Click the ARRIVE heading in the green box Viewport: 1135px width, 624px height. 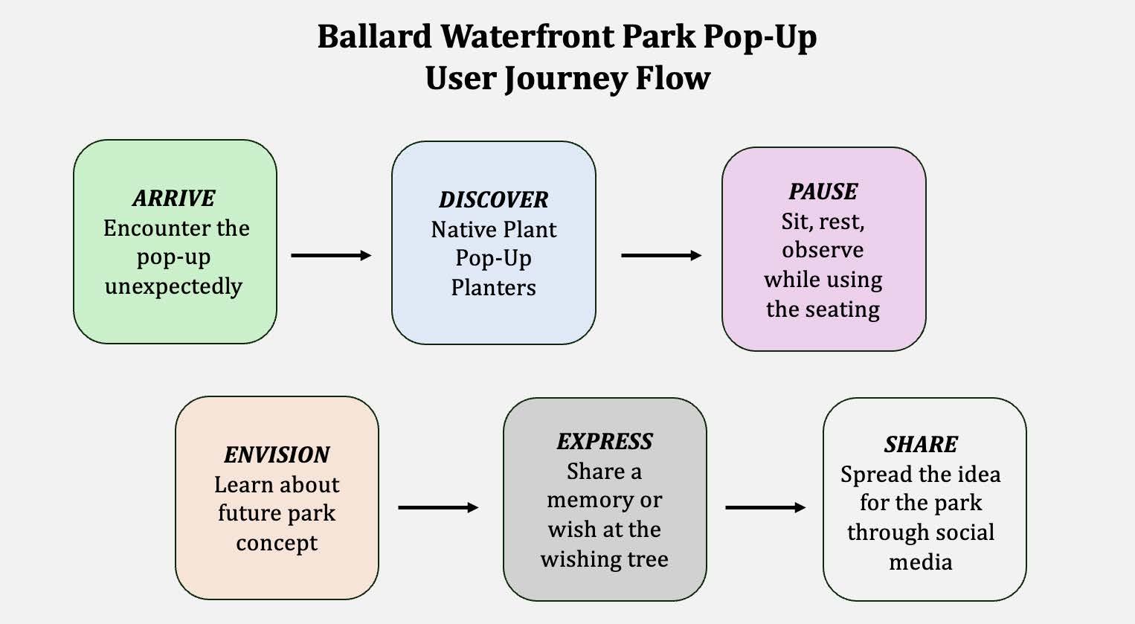[x=174, y=199]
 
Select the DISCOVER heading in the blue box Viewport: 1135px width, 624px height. [x=493, y=200]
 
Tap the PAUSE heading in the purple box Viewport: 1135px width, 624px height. [x=823, y=192]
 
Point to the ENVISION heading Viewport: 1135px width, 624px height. [x=277, y=455]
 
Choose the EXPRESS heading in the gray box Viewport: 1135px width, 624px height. [x=604, y=442]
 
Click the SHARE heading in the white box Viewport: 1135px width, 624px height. [x=921, y=445]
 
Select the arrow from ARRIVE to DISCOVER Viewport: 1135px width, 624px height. [x=331, y=256]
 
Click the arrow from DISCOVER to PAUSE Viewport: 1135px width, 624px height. [x=661, y=256]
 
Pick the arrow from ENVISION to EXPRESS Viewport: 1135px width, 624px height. [x=438, y=508]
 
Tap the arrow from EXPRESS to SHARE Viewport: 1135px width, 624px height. [x=765, y=508]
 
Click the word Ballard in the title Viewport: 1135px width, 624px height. [x=374, y=37]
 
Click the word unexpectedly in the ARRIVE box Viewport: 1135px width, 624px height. [x=173, y=286]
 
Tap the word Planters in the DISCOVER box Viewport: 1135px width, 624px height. [x=493, y=288]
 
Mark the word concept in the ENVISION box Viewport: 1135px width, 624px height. [x=277, y=544]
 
